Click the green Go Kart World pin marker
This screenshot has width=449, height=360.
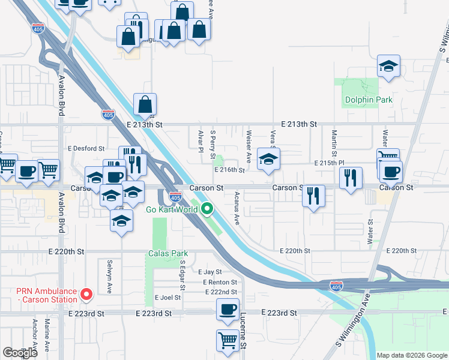(207, 209)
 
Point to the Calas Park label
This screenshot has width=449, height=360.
(168, 253)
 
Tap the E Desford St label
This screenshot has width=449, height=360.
(86, 148)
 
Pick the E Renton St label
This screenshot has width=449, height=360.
(220, 282)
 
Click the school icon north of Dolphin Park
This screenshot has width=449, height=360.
(388, 67)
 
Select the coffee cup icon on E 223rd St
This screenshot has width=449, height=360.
(228, 309)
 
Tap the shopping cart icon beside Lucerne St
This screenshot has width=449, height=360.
(228, 340)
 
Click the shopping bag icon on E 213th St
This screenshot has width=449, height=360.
(145, 104)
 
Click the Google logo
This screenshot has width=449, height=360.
(20, 353)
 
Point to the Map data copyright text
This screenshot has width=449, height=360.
(412, 355)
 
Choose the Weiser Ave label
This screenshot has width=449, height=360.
(249, 148)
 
